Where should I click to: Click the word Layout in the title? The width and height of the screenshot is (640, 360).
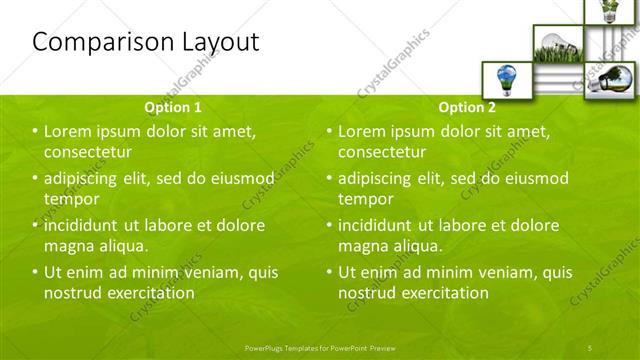click(x=213, y=42)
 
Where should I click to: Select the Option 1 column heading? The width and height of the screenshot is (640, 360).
click(x=173, y=106)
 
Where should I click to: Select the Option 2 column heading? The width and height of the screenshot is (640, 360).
click(x=466, y=106)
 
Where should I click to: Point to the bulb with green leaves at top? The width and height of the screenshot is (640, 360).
click(x=606, y=11)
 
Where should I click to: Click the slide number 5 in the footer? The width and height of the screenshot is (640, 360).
click(x=591, y=346)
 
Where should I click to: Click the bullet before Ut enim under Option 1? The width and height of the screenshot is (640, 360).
click(x=35, y=272)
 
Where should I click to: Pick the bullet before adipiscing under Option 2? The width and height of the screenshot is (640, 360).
click(x=329, y=179)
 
